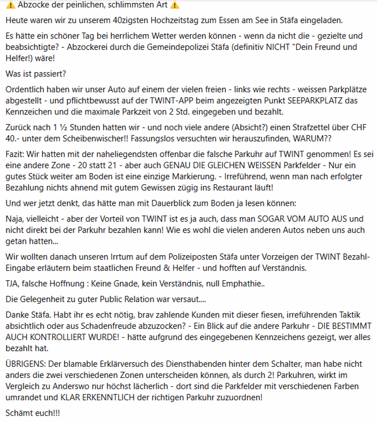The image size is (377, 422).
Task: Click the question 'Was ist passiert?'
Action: (x=36, y=74)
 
